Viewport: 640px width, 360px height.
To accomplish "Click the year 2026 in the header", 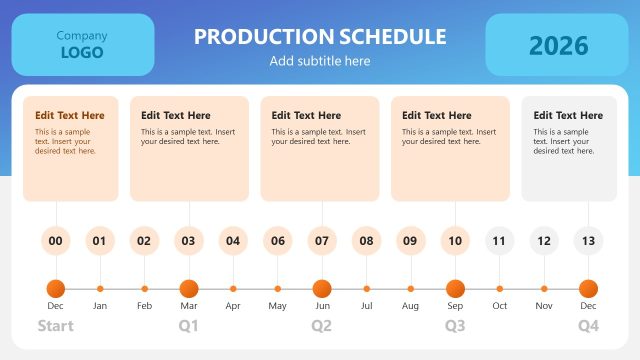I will click(558, 45).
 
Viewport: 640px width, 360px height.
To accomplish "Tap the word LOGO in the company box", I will click(82, 53).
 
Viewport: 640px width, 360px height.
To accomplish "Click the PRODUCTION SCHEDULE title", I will click(320, 37).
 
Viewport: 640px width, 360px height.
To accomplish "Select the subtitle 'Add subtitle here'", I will click(320, 61).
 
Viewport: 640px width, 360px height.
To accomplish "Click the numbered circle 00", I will click(56, 240).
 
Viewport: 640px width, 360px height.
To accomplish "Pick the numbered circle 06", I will click(277, 240).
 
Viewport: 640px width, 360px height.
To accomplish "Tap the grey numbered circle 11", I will click(500, 240).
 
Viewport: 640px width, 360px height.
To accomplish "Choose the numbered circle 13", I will click(588, 240).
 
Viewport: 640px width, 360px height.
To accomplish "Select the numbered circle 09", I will click(410, 240).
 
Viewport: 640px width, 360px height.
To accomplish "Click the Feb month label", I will click(144, 305).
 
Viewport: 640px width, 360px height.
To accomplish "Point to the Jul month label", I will click(366, 305).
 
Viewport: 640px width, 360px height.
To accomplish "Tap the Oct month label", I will click(500, 305).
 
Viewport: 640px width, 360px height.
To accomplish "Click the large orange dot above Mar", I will click(189, 288).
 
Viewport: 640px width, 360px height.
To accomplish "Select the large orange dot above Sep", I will click(455, 288).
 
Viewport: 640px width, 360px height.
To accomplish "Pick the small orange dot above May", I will click(277, 289).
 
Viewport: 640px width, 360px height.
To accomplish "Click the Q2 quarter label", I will click(322, 326).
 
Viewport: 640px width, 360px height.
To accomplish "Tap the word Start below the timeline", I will click(56, 326).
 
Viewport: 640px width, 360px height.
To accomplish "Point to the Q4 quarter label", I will click(588, 326).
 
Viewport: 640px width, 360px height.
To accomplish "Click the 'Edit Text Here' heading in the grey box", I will click(568, 116).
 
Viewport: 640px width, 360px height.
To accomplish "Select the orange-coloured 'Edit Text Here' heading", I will click(69, 116).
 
